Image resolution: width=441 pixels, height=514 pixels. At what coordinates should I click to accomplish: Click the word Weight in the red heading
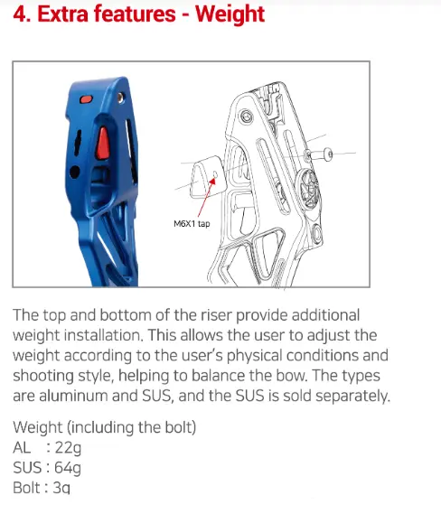tap(230, 15)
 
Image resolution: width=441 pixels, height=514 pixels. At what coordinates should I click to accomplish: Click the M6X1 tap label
tap(192, 224)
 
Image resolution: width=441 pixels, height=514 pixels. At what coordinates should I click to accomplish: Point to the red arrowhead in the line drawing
tap(213, 181)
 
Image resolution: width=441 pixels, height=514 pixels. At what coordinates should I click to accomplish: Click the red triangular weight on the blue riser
tap(103, 144)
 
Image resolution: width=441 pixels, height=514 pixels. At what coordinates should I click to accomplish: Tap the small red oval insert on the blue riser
tap(86, 99)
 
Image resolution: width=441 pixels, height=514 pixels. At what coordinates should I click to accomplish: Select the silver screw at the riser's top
tap(120, 98)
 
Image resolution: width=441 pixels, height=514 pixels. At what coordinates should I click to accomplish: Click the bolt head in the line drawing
tap(328, 154)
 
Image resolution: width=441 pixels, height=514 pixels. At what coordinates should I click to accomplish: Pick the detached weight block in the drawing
tap(208, 177)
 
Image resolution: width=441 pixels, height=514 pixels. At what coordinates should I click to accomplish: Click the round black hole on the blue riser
tap(75, 173)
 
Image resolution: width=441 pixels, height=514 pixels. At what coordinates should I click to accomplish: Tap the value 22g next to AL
tap(68, 448)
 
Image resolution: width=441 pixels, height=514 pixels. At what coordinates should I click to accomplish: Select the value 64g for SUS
tap(68, 468)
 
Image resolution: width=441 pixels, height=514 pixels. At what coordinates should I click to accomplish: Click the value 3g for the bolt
tap(61, 488)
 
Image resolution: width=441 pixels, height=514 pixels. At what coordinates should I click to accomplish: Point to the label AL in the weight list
tap(22, 447)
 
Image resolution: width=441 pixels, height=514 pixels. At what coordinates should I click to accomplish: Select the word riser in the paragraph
tap(215, 315)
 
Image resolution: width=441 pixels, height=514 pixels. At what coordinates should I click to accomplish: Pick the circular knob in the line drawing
tap(310, 189)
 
